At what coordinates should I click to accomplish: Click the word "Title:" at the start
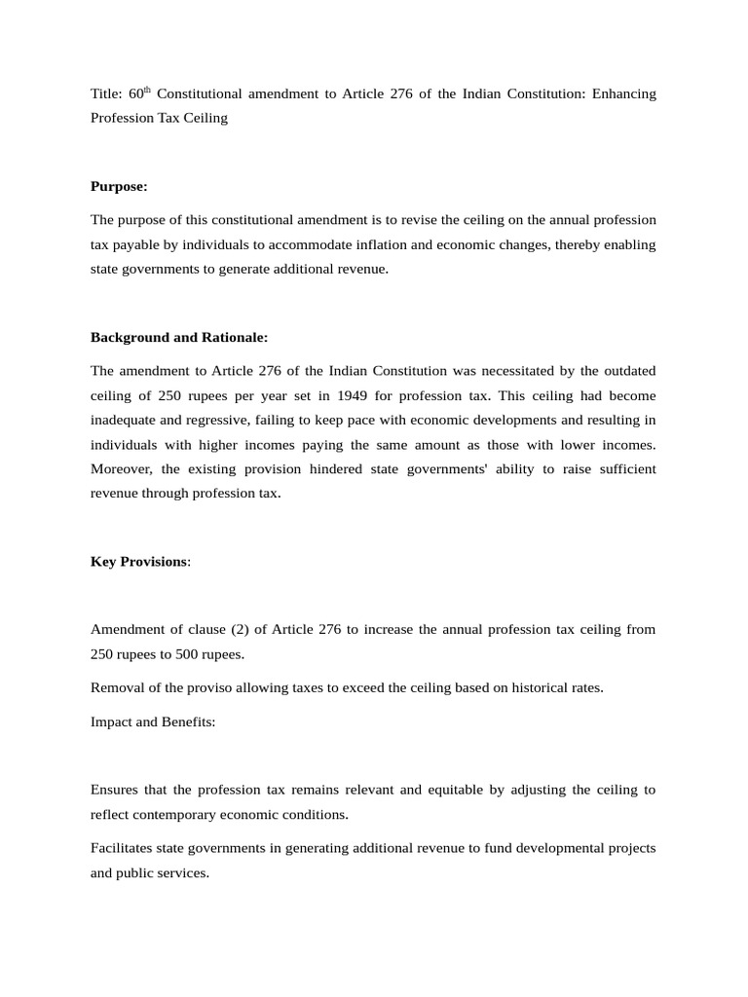tap(106, 94)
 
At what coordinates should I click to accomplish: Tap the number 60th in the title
tap(140, 93)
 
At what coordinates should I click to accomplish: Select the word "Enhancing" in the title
tap(625, 94)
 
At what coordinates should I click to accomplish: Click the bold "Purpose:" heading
tap(119, 186)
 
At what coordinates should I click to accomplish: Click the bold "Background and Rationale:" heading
tap(178, 337)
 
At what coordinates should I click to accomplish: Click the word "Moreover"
tap(123, 468)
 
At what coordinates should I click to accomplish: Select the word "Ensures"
tap(116, 790)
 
